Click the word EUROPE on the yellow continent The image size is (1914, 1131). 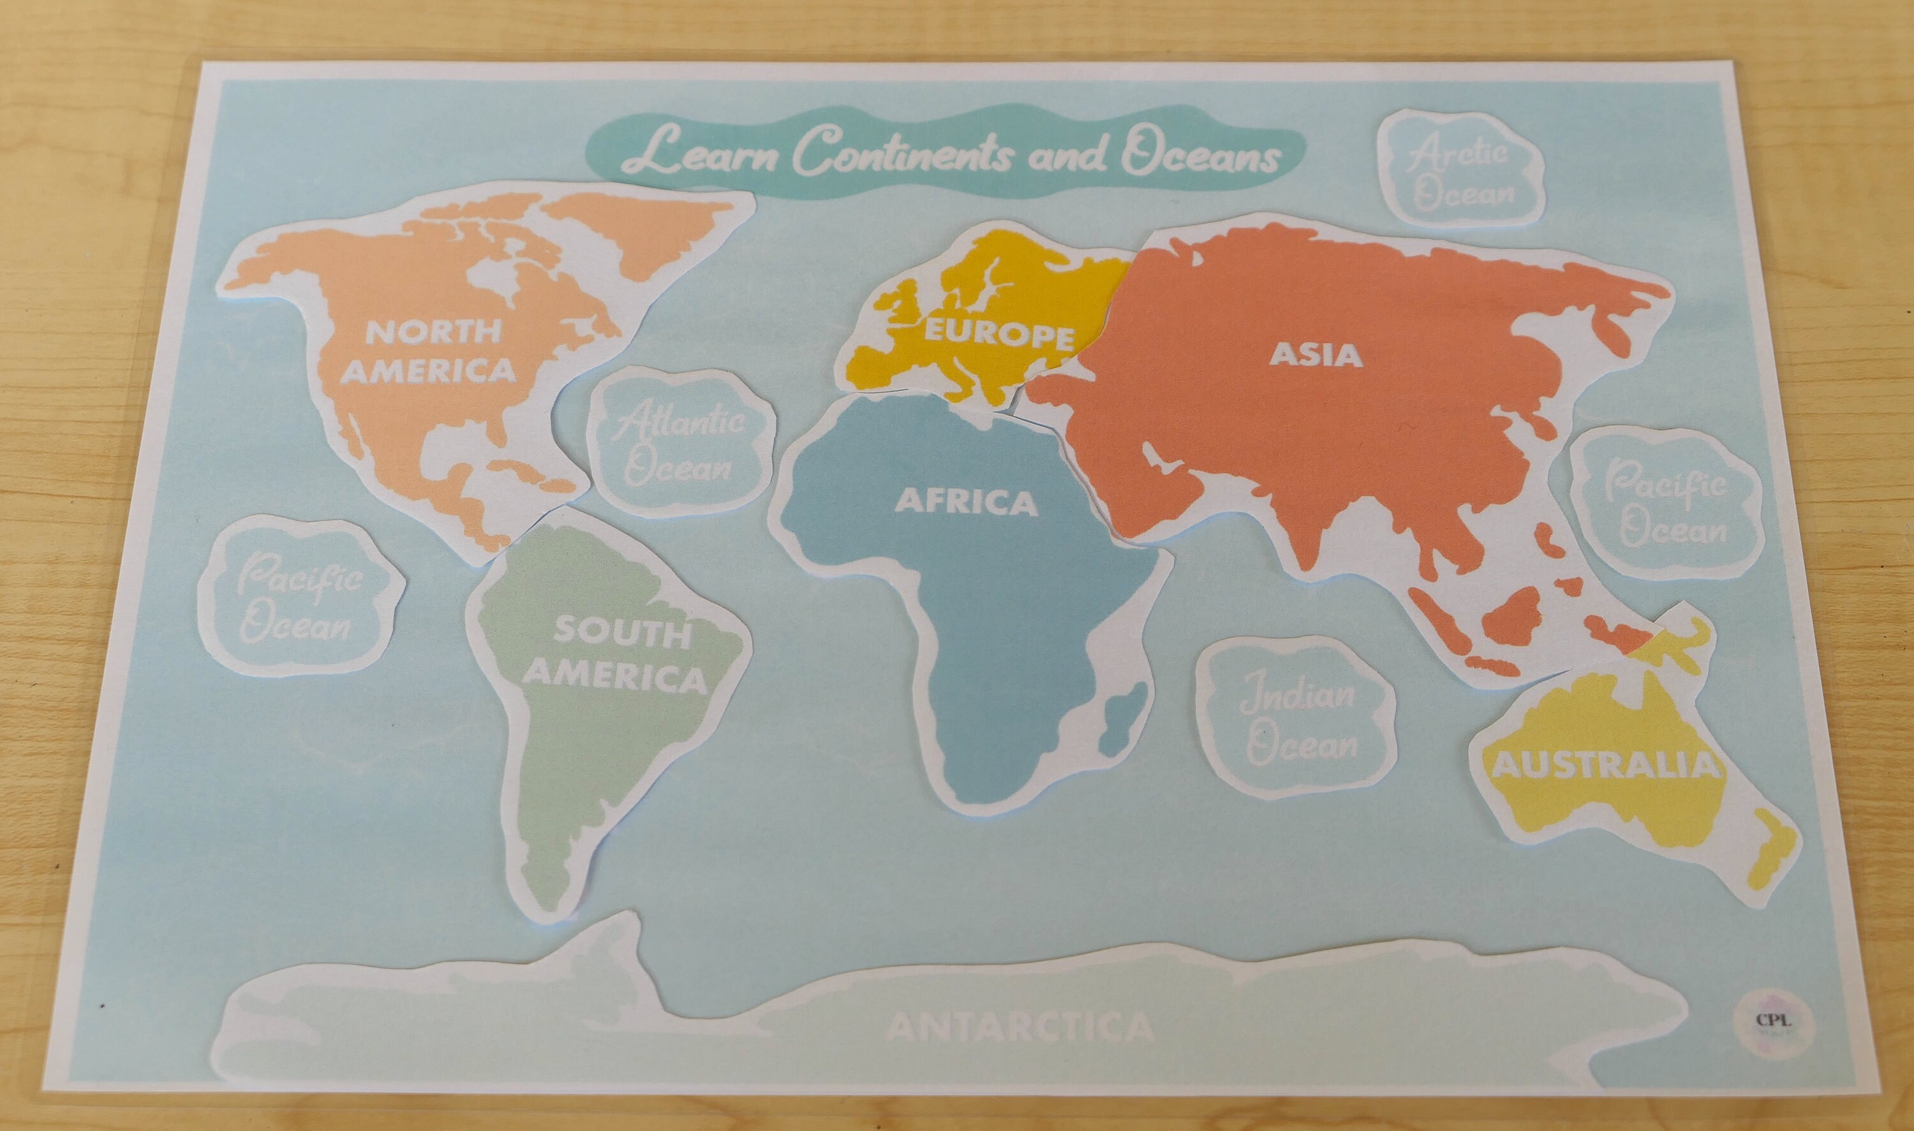999,335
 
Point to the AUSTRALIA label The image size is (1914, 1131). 1605,765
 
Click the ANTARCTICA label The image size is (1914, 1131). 1020,1027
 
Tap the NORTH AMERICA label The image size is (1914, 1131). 431,351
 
